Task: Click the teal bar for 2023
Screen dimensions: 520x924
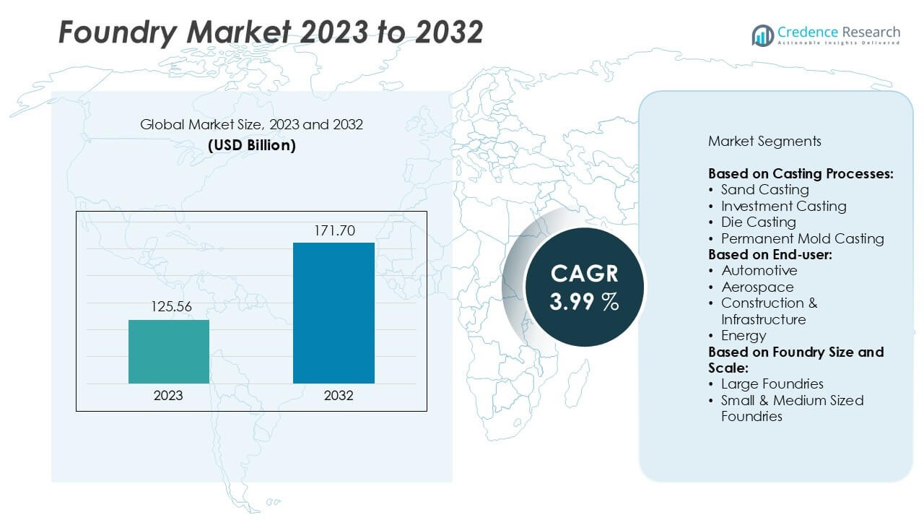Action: coord(169,352)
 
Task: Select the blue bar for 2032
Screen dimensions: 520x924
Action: coord(334,313)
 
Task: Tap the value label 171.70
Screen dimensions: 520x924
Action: coord(334,231)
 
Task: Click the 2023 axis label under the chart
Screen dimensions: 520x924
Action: coord(168,395)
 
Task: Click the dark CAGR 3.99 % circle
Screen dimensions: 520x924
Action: coord(584,287)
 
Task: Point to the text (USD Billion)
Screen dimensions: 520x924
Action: coord(251,144)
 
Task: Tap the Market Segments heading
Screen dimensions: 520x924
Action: coord(764,141)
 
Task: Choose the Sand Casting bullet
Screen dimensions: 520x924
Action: coord(764,190)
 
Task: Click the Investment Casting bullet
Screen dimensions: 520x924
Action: coord(783,206)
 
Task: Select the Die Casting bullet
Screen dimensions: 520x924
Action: coord(758,222)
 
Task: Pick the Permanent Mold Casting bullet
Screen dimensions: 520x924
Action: coord(802,238)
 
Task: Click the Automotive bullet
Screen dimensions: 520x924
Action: coord(759,270)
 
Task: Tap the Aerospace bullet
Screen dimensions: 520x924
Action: coord(757,287)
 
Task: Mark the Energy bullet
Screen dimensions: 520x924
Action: coord(744,335)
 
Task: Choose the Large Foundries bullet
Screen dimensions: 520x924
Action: coord(772,383)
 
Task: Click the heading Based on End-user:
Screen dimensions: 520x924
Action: coord(770,254)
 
